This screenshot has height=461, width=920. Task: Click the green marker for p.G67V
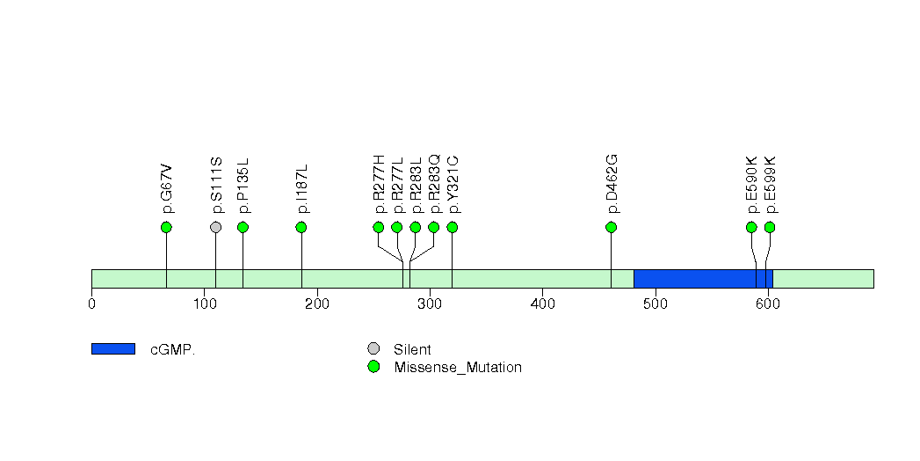166,227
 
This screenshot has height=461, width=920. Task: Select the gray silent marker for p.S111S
216,227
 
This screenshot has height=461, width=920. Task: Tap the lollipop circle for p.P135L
243,227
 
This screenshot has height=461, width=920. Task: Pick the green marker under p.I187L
301,227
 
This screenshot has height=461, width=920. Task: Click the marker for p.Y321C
453,227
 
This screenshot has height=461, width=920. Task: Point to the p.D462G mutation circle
612,227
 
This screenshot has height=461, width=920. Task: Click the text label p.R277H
379,184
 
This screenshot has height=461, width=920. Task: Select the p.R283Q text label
434,184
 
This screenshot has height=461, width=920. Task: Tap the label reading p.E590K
751,185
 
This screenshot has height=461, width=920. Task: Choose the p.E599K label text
771,185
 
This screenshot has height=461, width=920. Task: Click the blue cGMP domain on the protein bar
704,279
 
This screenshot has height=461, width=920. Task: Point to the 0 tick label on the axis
91,304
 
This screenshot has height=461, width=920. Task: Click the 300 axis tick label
430,304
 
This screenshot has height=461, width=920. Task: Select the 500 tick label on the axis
656,304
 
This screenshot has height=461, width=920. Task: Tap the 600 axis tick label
768,304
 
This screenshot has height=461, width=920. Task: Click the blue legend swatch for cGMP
113,349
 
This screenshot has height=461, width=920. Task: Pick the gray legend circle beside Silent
373,349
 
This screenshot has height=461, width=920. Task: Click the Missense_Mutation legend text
458,368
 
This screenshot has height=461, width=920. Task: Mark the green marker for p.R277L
397,227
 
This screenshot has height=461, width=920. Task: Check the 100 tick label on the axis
204,304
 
